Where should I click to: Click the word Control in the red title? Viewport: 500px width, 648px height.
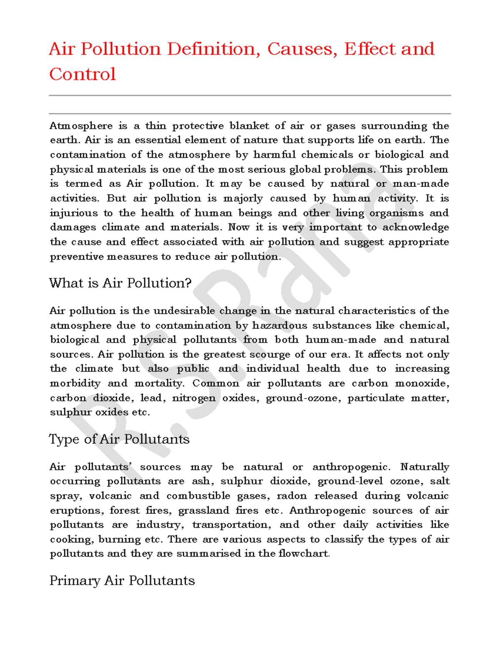tap(82, 74)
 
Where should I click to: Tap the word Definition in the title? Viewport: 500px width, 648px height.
tap(211, 49)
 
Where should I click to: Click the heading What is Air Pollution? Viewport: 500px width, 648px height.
tap(120, 283)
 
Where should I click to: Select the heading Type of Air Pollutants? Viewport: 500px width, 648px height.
tap(119, 439)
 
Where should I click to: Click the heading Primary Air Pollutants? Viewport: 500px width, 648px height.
tap(122, 580)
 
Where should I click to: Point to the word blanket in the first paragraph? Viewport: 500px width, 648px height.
tap(249, 126)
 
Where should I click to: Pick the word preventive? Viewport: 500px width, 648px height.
tap(77, 256)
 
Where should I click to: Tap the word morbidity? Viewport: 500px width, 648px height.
tap(75, 383)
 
